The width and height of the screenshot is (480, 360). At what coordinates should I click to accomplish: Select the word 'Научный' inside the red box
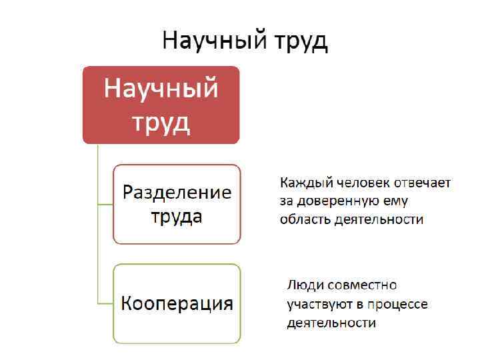point(161,89)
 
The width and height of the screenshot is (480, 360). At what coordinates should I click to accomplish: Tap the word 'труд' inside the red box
point(161,121)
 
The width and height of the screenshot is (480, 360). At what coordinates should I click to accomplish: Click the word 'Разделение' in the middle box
point(177,193)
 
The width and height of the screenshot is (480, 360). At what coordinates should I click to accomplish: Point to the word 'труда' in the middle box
point(176,217)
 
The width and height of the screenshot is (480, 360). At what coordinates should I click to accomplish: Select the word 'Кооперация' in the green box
point(177,304)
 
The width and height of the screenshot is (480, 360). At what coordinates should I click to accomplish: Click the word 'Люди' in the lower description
point(303,285)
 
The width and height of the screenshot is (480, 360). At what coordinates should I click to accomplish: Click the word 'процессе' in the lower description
point(398,304)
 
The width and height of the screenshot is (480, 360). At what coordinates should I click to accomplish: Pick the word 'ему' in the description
point(395,201)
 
